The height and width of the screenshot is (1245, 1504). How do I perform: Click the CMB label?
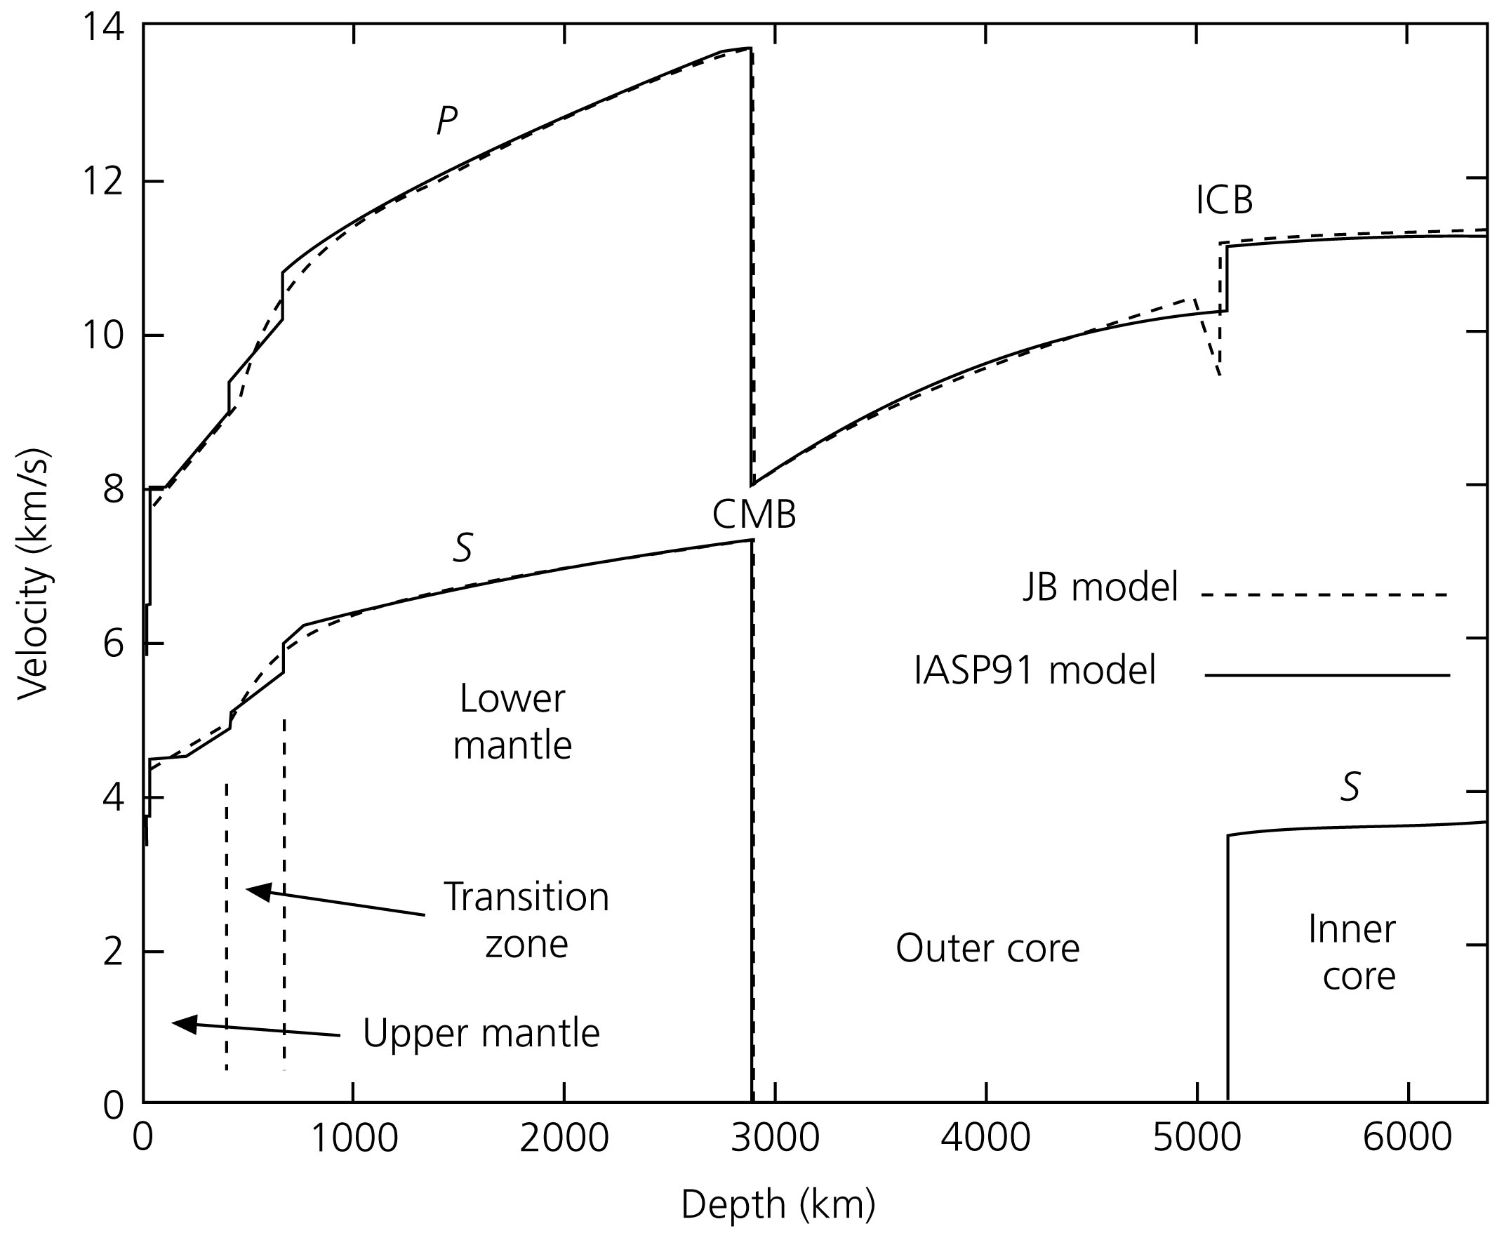pos(754,514)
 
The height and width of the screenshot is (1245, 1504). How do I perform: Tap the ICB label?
pos(1224,201)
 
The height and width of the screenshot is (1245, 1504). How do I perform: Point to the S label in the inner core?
pos(1350,787)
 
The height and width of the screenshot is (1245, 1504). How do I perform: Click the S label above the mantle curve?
pos(463,549)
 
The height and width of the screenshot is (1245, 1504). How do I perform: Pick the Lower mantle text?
pos(513,722)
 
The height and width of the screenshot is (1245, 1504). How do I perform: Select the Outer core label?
pos(987,948)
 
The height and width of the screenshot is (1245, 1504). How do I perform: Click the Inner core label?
pos(1352,953)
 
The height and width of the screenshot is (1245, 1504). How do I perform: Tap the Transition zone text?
pos(526,920)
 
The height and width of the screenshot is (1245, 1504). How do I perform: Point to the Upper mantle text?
pos(481,1033)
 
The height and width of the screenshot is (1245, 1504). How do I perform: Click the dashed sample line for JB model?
pos(1325,594)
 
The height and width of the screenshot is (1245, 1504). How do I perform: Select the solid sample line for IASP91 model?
pos(1327,675)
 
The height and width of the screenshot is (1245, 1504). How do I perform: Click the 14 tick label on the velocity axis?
pos(103,29)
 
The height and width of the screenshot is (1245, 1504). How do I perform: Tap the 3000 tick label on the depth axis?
pos(776,1138)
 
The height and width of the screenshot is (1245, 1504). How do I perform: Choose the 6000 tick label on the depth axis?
pos(1407,1138)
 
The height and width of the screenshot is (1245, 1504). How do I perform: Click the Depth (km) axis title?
pos(778,1204)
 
